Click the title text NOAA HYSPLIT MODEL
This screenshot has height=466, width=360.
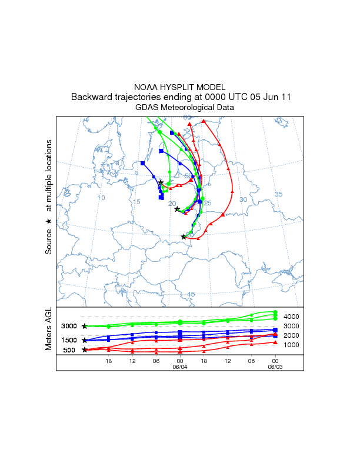coord(179,87)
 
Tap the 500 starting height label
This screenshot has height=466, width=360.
coord(70,350)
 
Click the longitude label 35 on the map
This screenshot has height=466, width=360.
coord(279,194)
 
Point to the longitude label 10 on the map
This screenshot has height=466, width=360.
coord(101,198)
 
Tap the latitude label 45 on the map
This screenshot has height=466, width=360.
coord(191,294)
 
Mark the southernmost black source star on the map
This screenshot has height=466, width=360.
coord(184,237)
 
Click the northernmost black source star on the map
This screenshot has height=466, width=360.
coord(161,182)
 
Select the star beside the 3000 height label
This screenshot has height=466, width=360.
coord(85,326)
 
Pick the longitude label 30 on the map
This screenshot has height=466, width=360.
coord(243,200)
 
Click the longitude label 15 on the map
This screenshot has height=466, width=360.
coord(136,202)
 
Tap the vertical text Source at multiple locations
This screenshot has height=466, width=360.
coord(49,197)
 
